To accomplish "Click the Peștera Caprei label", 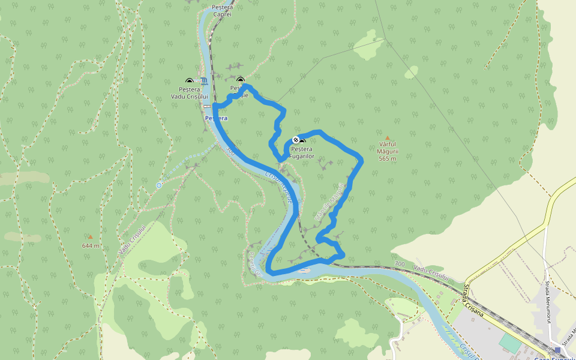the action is pyautogui.click(x=222, y=10).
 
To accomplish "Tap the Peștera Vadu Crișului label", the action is pyautogui.click(x=189, y=92).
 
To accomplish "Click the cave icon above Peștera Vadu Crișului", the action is pyautogui.click(x=190, y=81).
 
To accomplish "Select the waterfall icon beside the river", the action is pyautogui.click(x=205, y=81).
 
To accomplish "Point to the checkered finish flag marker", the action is pyautogui.click(x=295, y=140).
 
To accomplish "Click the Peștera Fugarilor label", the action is pyautogui.click(x=302, y=152).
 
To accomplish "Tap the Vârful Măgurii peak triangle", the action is pyautogui.click(x=387, y=137).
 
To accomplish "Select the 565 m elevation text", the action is pyautogui.click(x=388, y=158).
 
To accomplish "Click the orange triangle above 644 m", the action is pyautogui.click(x=91, y=237).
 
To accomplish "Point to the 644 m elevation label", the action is pyautogui.click(x=91, y=245).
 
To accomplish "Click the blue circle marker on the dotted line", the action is pyautogui.click(x=159, y=185).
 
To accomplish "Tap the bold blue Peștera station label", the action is pyautogui.click(x=216, y=118).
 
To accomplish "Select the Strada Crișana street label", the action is pyautogui.click(x=475, y=298).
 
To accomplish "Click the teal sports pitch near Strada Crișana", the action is pyautogui.click(x=511, y=343).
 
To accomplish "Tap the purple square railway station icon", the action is pyautogui.click(x=557, y=350).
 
